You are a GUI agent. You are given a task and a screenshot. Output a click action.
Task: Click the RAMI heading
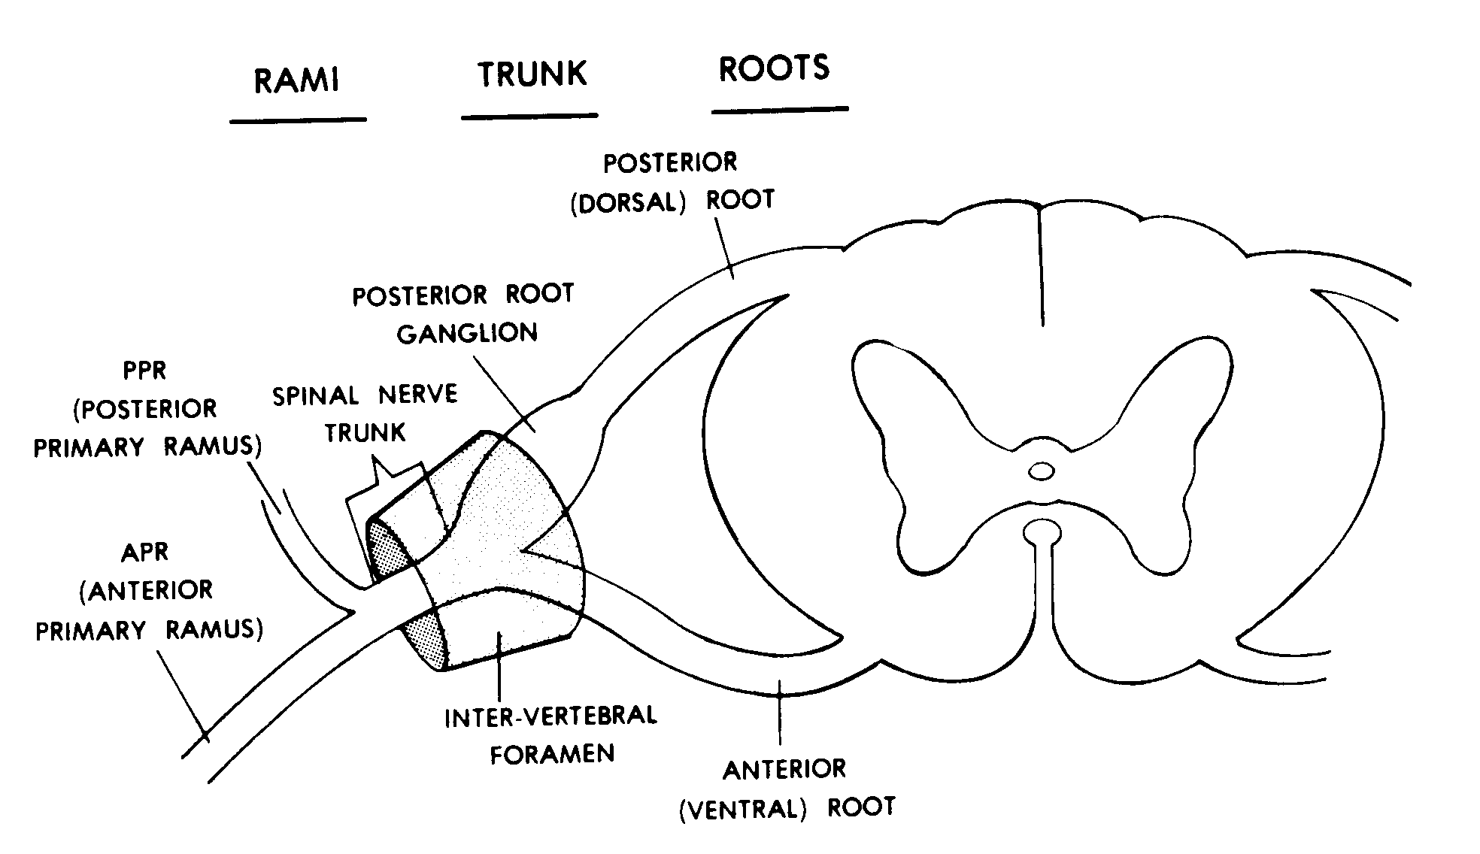(x=296, y=80)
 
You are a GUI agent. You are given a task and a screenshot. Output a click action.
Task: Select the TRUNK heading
(x=532, y=74)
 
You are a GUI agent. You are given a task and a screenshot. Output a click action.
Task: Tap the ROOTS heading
(x=775, y=68)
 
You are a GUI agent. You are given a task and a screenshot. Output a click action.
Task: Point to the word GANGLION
(x=467, y=333)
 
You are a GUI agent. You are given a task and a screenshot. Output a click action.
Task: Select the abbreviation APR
(x=144, y=553)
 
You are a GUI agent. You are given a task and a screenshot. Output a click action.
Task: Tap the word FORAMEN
(x=552, y=753)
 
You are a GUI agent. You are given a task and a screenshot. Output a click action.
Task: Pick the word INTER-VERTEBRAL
(x=550, y=716)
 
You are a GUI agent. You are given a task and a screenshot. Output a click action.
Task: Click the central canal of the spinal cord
(x=1042, y=471)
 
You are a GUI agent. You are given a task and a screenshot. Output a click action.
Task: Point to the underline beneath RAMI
(x=298, y=120)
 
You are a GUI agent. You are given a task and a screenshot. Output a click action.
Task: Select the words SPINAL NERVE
(x=365, y=395)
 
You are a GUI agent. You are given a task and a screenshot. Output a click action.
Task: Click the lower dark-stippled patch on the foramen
(x=427, y=639)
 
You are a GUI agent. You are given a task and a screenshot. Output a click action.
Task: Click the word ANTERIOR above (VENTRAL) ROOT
(x=784, y=770)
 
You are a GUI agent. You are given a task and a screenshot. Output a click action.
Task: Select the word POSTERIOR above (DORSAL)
(x=670, y=162)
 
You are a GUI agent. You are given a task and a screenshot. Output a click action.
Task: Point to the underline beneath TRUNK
(x=529, y=117)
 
